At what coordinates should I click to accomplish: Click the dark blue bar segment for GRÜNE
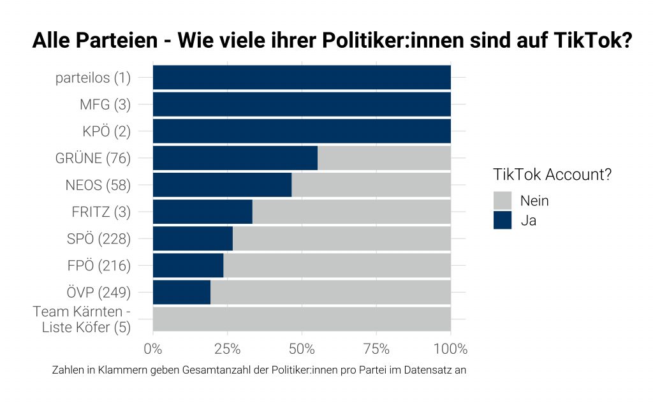pyautogui.click(x=235, y=158)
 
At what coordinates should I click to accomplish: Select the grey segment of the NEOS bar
pyautogui.click(x=371, y=185)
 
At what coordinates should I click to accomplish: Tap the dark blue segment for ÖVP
pyautogui.click(x=181, y=292)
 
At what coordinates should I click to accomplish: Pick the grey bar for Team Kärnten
pyautogui.click(x=302, y=319)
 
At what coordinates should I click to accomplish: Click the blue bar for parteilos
pyautogui.click(x=302, y=78)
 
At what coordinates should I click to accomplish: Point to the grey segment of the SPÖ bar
pyautogui.click(x=342, y=238)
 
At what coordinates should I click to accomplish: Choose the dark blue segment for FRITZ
pyautogui.click(x=202, y=212)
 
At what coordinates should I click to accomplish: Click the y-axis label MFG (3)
pyautogui.click(x=105, y=105)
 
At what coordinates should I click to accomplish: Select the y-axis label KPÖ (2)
pyautogui.click(x=106, y=132)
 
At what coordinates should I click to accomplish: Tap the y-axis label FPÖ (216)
pyautogui.click(x=99, y=266)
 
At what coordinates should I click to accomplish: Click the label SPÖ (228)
pyautogui.click(x=99, y=239)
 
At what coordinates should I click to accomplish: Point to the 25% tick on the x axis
pyautogui.click(x=227, y=349)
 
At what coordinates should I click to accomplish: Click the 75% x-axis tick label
pyautogui.click(x=376, y=349)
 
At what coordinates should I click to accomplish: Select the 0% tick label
pyautogui.click(x=153, y=349)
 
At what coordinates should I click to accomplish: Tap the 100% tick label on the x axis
pyautogui.click(x=450, y=349)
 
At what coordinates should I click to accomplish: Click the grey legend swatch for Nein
pyautogui.click(x=503, y=201)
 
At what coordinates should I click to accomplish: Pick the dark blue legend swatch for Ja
pyautogui.click(x=503, y=220)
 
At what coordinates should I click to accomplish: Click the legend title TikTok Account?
pyautogui.click(x=552, y=175)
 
